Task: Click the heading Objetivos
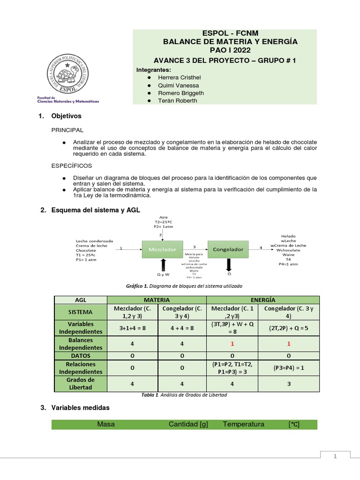coord(66,116)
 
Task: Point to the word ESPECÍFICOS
coord(72,165)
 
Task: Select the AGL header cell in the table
coord(81,300)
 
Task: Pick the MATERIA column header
coord(157,300)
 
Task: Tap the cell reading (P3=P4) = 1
coord(289,368)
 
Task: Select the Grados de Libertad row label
coord(81,383)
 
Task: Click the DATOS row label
coord(81,356)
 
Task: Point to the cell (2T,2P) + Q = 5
coord(289,328)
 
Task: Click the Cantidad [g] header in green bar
coord(188,424)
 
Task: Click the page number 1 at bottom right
coord(335,456)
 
